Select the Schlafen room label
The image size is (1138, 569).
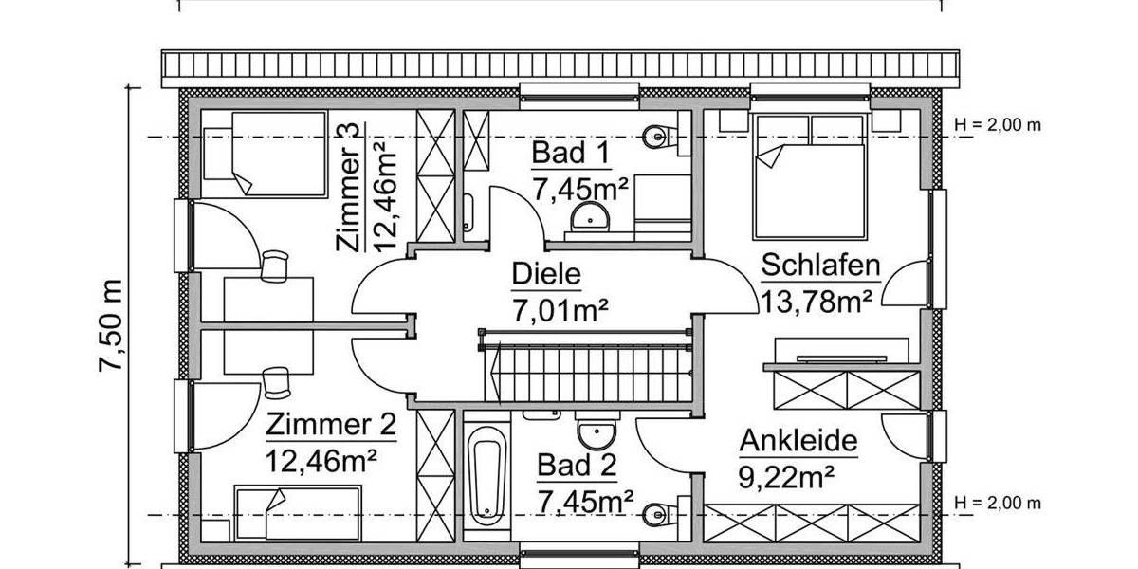(821, 266)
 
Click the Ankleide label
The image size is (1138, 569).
(798, 441)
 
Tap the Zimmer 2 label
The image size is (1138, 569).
(330, 426)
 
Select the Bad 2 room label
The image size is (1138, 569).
(577, 466)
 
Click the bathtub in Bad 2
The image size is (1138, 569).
(486, 474)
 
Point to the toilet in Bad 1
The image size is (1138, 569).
(659, 137)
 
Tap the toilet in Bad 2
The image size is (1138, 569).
(657, 514)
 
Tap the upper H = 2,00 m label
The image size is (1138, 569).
(998, 124)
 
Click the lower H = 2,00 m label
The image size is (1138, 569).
(998, 503)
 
